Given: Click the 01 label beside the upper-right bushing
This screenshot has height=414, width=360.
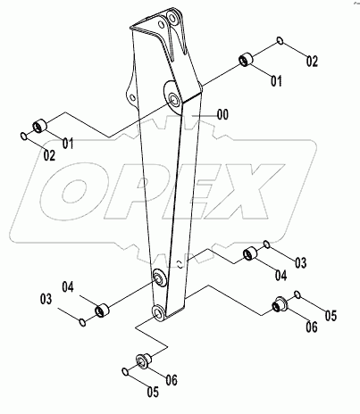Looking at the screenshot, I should (x=276, y=80).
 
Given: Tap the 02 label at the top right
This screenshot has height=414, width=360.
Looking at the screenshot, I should (x=312, y=62).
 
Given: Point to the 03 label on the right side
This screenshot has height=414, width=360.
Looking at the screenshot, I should (x=300, y=262).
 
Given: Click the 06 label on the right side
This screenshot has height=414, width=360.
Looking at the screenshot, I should (x=312, y=328).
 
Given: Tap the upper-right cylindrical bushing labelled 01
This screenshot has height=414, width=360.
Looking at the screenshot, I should (x=246, y=62).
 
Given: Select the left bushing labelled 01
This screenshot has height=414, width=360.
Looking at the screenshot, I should (x=40, y=126).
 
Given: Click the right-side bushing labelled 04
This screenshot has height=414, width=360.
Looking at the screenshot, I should (x=253, y=255).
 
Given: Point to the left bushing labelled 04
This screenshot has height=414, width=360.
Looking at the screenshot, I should (x=102, y=310).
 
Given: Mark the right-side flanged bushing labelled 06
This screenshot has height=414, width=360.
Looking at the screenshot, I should (x=279, y=307).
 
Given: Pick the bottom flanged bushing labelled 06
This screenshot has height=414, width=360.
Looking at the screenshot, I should (x=139, y=360).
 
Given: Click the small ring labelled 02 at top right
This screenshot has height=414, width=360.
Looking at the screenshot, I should (x=280, y=41).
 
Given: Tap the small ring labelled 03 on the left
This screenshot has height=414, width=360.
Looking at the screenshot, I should (x=81, y=322).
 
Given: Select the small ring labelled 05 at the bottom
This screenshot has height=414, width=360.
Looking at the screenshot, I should (x=124, y=370).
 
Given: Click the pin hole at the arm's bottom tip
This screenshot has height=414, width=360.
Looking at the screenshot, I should (x=158, y=312).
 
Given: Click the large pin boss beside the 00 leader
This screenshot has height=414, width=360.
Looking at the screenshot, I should (x=171, y=97).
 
